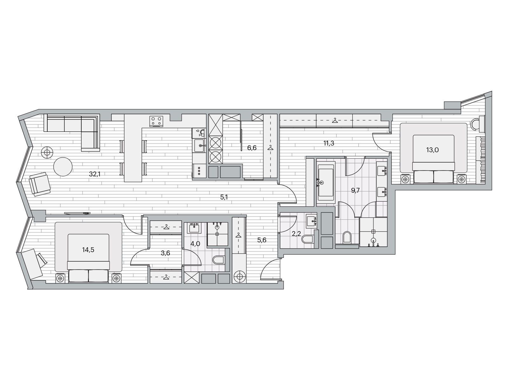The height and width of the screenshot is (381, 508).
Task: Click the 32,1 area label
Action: [94, 174]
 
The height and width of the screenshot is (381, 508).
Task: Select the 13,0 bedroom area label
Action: [432, 150]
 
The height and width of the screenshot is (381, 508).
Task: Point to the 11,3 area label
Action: [329, 143]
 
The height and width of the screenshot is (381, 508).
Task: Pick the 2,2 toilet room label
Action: [296, 234]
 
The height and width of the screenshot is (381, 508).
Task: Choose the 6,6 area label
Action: [252, 148]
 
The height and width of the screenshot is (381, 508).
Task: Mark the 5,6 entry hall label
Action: [262, 240]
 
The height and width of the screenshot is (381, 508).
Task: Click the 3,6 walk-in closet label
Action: [165, 253]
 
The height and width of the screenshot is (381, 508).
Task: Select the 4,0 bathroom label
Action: [195, 244]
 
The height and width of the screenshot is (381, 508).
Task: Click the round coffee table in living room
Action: [63, 167]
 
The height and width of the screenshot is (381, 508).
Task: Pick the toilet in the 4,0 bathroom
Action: [218, 260]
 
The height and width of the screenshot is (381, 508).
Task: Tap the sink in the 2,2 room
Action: [311, 221]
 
